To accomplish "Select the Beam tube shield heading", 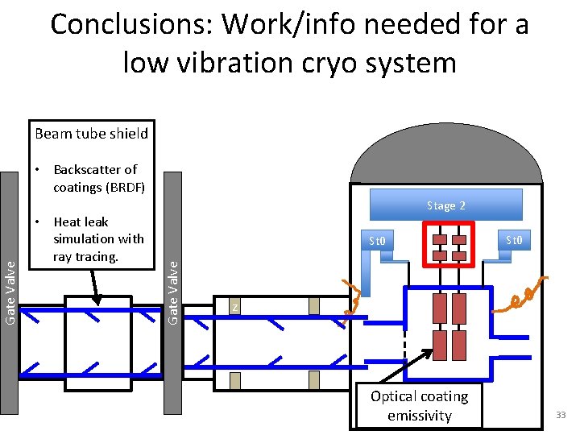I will [x=91, y=134].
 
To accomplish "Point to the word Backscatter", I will [x=95, y=169].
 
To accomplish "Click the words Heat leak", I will [x=81, y=222].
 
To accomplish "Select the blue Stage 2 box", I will [x=445, y=205].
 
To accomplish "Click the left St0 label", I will [x=378, y=241].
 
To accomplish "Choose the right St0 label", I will [x=513, y=238].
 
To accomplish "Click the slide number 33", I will [x=561, y=415].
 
